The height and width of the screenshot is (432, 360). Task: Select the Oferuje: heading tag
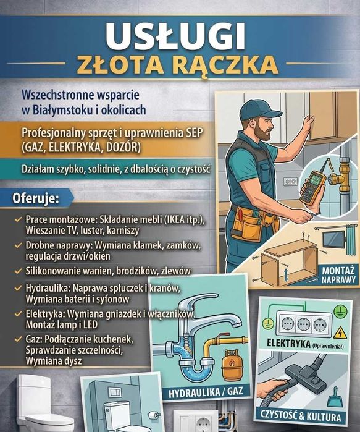pos(36,198)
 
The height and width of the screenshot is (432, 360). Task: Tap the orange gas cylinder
pos(231,364)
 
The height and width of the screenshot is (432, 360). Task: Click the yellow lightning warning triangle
pos(340,333)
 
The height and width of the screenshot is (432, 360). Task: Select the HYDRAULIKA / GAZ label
pos(206,392)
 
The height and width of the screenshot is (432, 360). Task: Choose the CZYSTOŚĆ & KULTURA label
pos(300,417)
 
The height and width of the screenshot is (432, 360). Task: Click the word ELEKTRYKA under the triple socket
pos(288,344)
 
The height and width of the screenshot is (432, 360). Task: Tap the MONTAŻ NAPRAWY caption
pos(338,274)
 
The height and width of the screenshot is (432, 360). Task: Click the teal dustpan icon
pos(335,398)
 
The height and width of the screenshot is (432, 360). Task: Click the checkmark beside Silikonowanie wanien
pos(19,271)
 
